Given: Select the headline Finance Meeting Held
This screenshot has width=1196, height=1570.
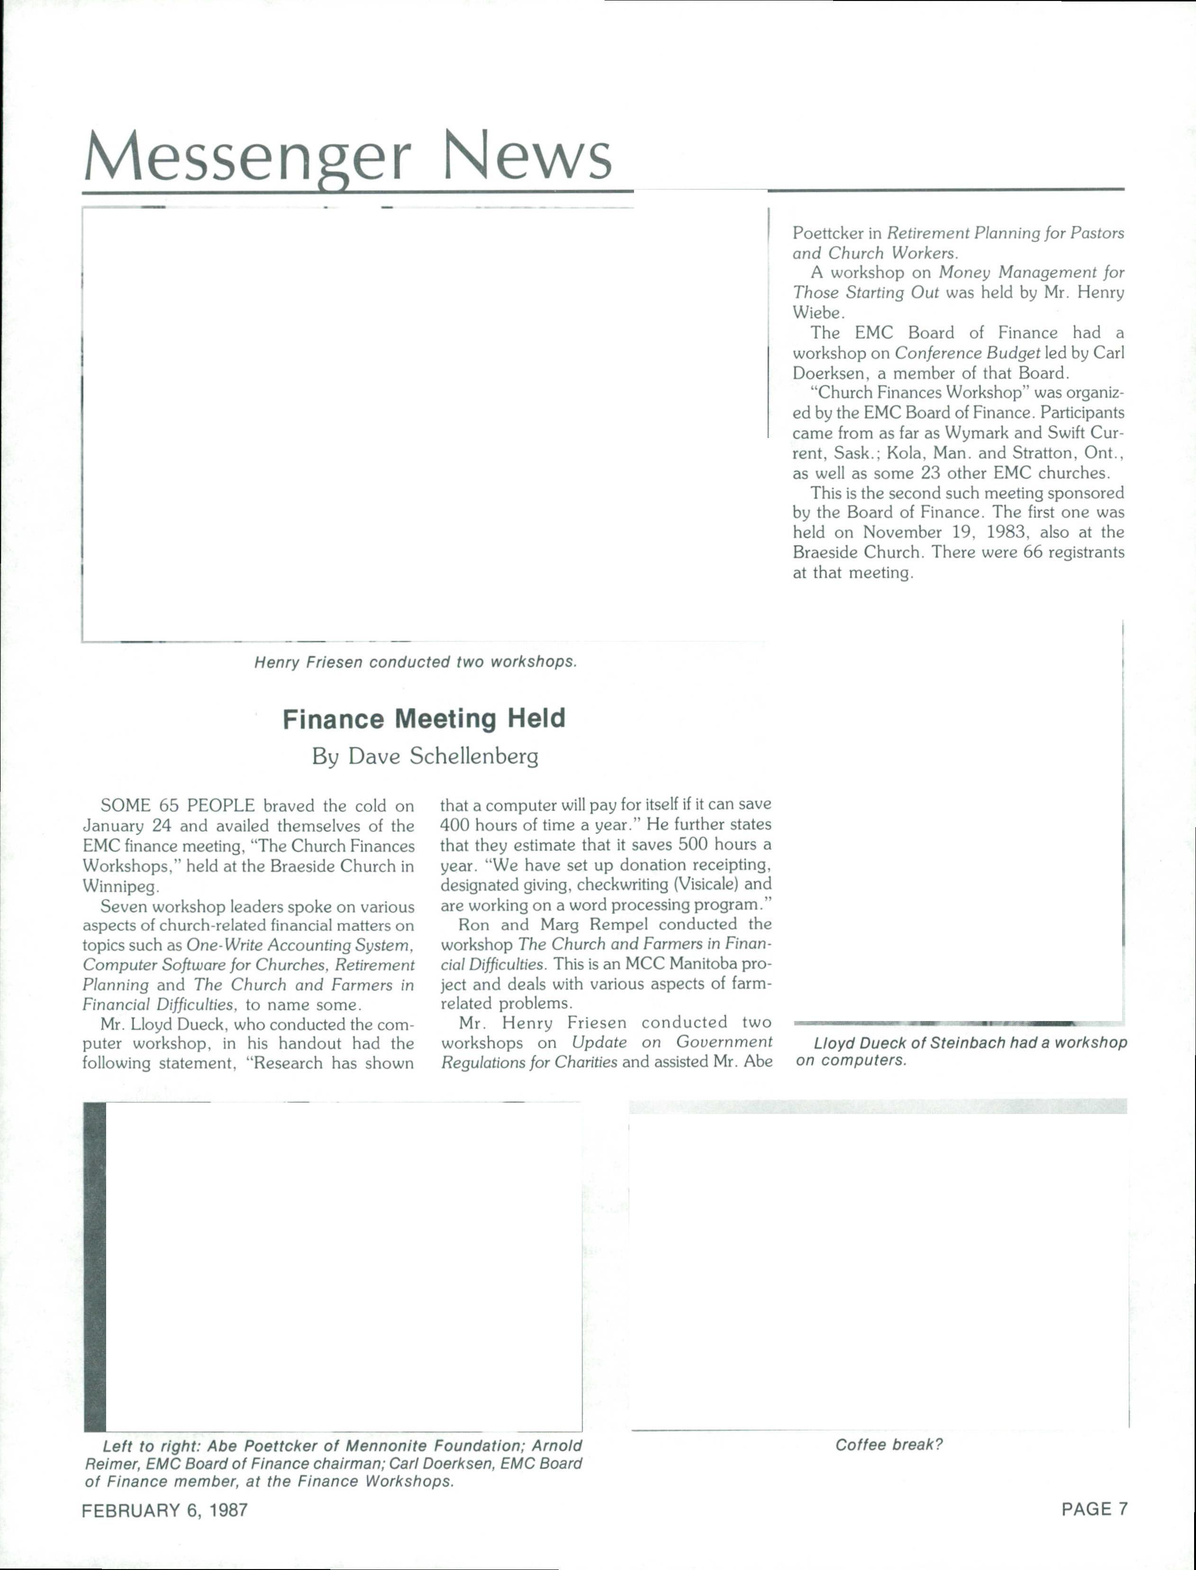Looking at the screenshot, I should click(x=424, y=719).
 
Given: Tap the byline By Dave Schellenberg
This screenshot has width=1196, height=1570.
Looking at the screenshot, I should click(x=425, y=756).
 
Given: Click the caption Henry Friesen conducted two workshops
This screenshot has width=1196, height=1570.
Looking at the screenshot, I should click(x=415, y=662).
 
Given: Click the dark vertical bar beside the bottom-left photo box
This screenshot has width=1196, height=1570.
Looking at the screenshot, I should click(x=95, y=1268).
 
